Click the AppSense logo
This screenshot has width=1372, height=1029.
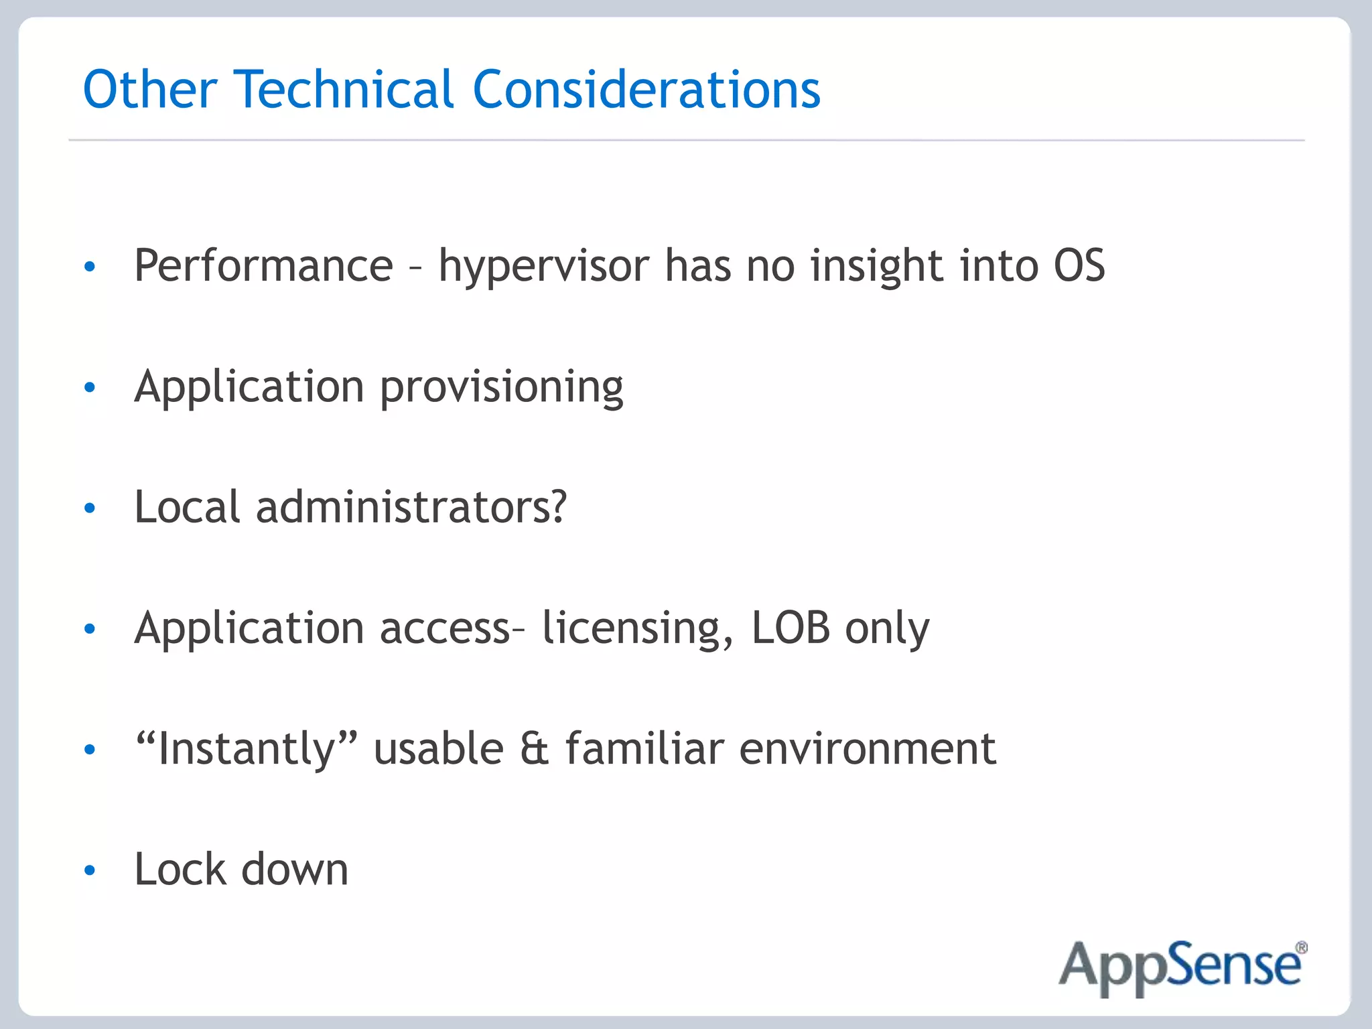coord(1181,967)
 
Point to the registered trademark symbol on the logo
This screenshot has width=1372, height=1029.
coord(1300,948)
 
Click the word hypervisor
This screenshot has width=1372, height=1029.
coord(543,267)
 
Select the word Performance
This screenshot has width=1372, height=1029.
coord(264,266)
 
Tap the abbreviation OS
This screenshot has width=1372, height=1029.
coord(1079,266)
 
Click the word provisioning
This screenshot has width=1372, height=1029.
coord(502,388)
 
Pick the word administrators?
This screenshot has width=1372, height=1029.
coord(411,507)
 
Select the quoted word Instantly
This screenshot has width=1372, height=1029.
coord(246,749)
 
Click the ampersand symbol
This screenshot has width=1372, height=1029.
coord(534,749)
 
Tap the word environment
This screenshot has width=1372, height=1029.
coord(868,749)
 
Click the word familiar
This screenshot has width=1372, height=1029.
coord(644,749)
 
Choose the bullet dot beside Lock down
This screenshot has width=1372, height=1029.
coord(90,870)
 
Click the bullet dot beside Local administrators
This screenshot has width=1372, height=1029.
coord(90,508)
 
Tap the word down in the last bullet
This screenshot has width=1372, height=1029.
coord(295,870)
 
